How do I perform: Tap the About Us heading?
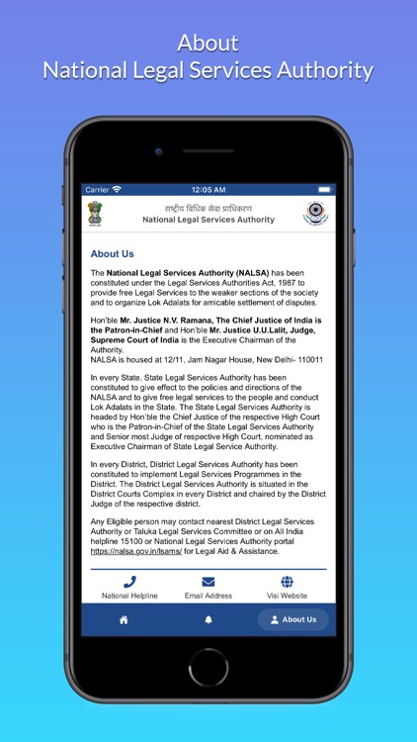(x=112, y=253)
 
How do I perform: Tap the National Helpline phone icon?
(x=129, y=582)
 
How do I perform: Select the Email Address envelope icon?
(x=208, y=582)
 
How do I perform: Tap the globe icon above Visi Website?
(x=287, y=582)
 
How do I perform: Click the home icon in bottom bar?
(x=124, y=619)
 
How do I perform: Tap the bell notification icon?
(x=208, y=619)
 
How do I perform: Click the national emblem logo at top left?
(x=95, y=214)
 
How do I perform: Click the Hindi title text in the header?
(x=208, y=208)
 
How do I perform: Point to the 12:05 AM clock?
(x=208, y=189)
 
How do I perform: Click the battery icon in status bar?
(x=324, y=189)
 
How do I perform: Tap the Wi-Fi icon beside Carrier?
(x=118, y=189)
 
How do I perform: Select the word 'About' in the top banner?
(x=208, y=44)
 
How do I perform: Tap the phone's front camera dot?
(x=157, y=151)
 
